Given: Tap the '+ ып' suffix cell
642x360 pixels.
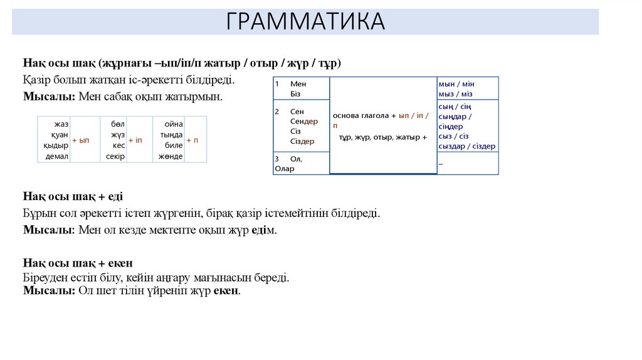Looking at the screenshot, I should click(x=81, y=140).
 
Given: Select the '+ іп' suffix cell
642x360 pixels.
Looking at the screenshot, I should click(x=135, y=140).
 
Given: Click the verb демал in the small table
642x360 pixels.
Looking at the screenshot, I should click(x=57, y=156).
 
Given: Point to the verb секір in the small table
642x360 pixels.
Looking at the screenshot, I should click(x=115, y=156).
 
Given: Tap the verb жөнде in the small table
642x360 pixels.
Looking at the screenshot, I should click(x=171, y=156).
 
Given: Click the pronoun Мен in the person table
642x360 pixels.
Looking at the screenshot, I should click(x=298, y=83).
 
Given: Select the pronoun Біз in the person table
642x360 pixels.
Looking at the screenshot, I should click(x=295, y=93).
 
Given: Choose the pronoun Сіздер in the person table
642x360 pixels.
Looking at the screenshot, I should click(x=302, y=141).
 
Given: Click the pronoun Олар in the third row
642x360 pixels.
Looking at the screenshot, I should click(x=285, y=168).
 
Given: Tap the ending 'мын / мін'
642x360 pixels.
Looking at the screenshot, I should click(x=456, y=83).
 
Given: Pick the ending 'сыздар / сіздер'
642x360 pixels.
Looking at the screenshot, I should click(x=467, y=146).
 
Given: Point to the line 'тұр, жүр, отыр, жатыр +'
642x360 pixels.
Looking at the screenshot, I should click(x=382, y=137).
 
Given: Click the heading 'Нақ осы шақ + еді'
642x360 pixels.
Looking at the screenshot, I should click(x=73, y=196).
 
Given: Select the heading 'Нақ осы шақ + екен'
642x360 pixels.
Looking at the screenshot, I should click(x=78, y=262).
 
